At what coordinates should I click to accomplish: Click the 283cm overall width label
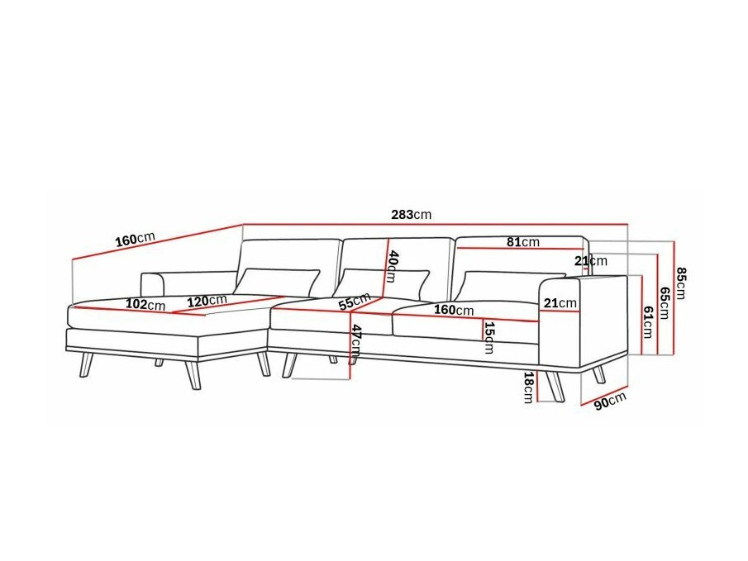click(x=412, y=215)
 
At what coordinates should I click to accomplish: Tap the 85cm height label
click(x=681, y=283)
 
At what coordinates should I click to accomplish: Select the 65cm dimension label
click(x=664, y=302)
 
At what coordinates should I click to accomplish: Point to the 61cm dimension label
click(x=647, y=322)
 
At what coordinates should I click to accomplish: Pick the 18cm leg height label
click(x=527, y=387)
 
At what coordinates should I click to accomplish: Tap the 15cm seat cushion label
click(x=488, y=338)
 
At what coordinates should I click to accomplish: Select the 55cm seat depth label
click(x=355, y=302)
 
